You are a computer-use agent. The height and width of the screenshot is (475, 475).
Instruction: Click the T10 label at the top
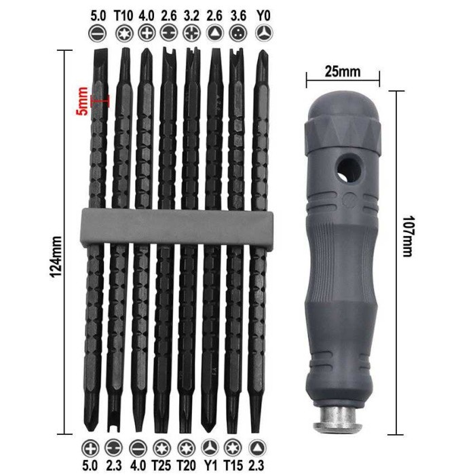click(x=123, y=16)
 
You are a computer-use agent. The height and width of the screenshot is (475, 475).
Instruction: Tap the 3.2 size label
click(x=191, y=16)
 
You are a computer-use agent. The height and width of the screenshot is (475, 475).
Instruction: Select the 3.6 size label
click(x=238, y=16)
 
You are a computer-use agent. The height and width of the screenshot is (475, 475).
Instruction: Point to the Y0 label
click(x=263, y=16)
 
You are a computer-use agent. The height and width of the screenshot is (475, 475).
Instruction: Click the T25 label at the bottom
click(x=161, y=465)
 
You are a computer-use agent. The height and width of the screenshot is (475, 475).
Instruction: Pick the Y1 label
click(x=210, y=465)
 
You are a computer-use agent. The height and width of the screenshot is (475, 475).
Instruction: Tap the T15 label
click(x=233, y=465)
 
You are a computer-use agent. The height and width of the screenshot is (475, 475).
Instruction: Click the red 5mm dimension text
click(x=82, y=101)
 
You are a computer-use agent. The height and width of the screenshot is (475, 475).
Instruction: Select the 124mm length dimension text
click(x=56, y=257)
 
